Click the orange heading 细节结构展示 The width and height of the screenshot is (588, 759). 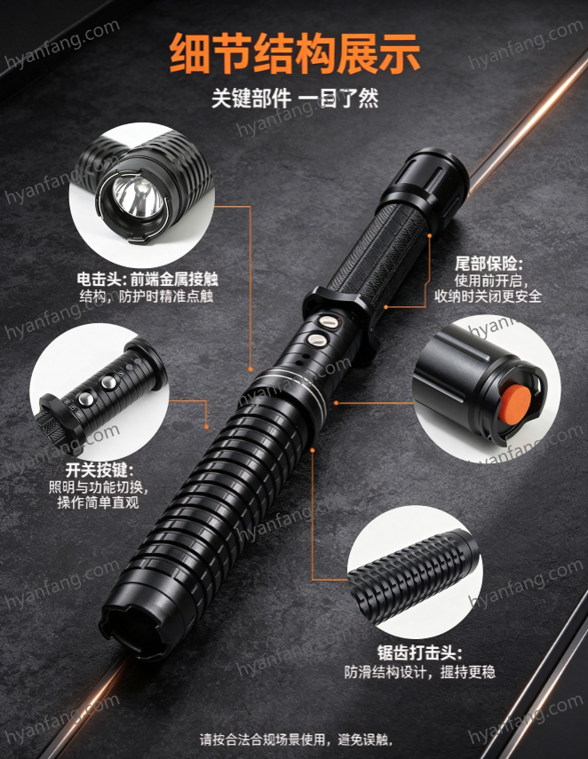[295, 53]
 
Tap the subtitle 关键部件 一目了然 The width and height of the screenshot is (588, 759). [295, 99]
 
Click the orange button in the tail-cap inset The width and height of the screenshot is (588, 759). [515, 405]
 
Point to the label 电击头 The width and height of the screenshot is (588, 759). [100, 280]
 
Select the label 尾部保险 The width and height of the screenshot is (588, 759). [489, 264]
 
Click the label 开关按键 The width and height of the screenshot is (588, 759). [99, 470]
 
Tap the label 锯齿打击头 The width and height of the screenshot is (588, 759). [419, 653]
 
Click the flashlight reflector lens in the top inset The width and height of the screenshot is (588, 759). [138, 196]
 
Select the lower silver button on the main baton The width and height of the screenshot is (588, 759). [317, 339]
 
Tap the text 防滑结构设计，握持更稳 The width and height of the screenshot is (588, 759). [419, 672]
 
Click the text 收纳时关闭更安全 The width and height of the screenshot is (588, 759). [488, 296]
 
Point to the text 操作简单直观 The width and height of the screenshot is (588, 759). [98, 502]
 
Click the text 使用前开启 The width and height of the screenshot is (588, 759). [490, 281]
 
